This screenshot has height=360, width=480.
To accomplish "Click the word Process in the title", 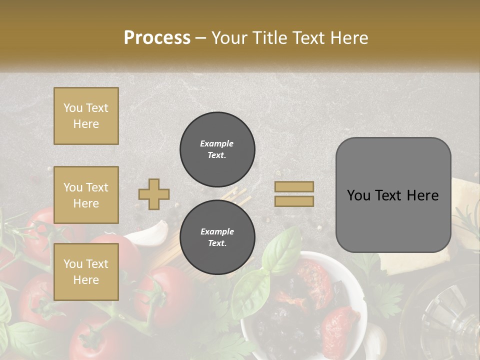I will [x=157, y=38].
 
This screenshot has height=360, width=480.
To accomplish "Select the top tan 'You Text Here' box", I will [x=86, y=116].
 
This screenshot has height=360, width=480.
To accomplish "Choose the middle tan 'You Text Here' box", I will [x=86, y=195].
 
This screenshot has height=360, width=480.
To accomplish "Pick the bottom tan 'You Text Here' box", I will [x=86, y=271].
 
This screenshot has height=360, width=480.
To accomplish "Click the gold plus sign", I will [x=154, y=194].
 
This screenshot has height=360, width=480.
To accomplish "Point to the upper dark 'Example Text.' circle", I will [x=217, y=149].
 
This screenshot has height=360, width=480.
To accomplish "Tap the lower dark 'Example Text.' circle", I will [x=217, y=237].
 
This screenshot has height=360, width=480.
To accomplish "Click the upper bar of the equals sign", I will [x=294, y=186].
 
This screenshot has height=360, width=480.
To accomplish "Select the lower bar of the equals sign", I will [x=294, y=201].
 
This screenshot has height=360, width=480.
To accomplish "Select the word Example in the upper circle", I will [x=217, y=143].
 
